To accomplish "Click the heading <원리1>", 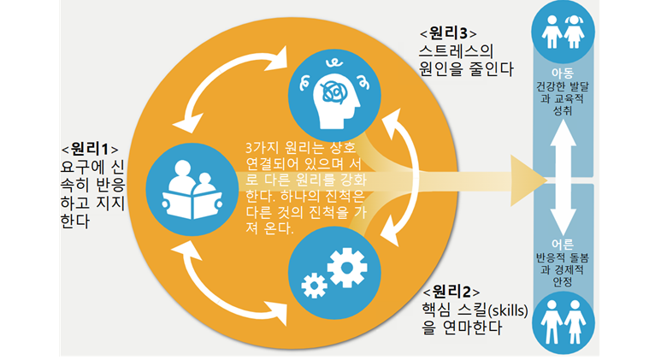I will point(90,146).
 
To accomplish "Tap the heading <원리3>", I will point(447,32).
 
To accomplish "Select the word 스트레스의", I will point(457,51).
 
